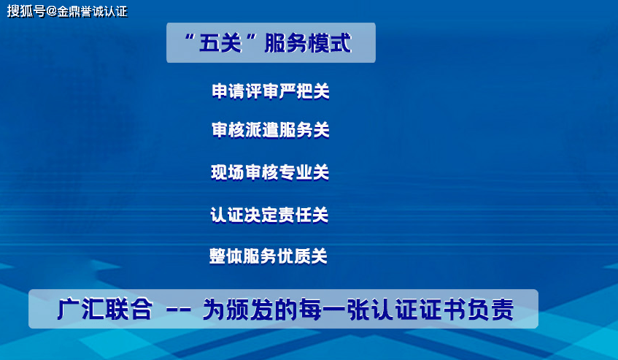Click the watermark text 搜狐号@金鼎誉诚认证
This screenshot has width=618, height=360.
click(67, 11)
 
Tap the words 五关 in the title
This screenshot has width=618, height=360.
click(220, 42)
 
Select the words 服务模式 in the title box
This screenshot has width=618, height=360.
click(307, 42)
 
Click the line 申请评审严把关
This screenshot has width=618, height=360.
click(271, 91)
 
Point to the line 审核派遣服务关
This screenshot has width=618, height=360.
click(271, 130)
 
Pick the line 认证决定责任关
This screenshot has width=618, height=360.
click(269, 215)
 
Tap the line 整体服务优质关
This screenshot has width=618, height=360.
click(269, 256)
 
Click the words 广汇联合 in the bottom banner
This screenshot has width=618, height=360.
click(105, 309)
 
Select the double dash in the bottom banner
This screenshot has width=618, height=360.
click(179, 309)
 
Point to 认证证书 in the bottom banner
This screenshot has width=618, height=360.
click(418, 309)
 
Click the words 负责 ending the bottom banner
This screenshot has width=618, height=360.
click(490, 309)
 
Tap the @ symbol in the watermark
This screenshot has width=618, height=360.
click(52, 11)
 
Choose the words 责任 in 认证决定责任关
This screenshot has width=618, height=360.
click(295, 215)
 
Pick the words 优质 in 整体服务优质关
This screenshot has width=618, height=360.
click(293, 256)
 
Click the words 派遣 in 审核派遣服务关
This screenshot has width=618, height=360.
click(262, 130)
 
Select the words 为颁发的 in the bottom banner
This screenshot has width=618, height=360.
click(250, 309)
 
